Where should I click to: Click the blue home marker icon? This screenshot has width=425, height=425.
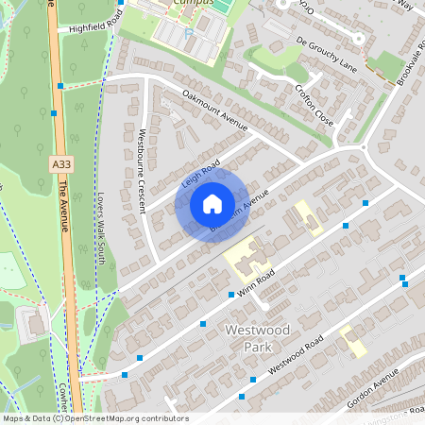click(212, 204)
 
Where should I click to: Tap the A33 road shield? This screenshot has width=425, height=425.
click(60, 164)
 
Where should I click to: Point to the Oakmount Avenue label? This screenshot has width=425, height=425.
click(214, 110)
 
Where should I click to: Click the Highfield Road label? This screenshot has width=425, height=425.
click(91, 23)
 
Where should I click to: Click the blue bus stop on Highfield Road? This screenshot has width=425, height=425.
click(60, 86)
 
